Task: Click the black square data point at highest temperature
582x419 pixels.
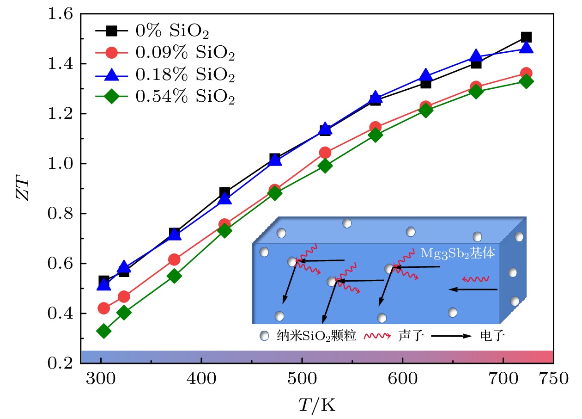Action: (x=526, y=37)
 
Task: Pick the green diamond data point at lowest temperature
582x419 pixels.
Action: (x=104, y=331)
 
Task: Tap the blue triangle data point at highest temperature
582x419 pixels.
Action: (x=526, y=47)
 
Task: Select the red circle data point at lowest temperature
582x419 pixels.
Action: (x=104, y=308)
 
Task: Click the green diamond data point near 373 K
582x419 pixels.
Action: (x=174, y=276)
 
